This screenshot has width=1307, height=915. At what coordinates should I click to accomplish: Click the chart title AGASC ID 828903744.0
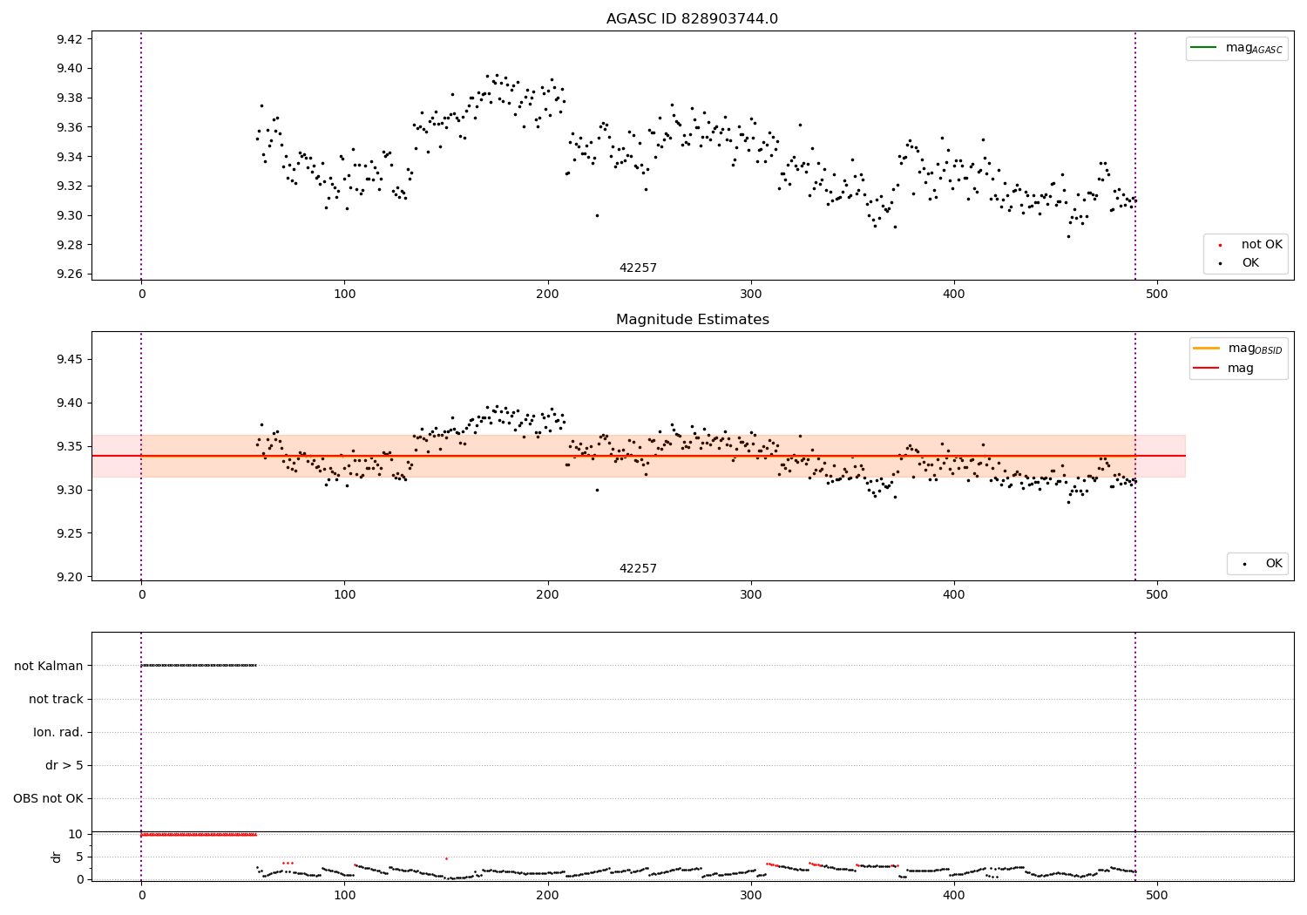692,19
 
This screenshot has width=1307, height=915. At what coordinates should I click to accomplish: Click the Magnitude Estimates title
692,320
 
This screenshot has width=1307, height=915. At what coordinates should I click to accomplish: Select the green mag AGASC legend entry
1236,48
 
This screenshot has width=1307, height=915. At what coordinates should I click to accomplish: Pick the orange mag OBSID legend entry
1238,349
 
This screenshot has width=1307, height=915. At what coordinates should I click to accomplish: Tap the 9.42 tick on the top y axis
69,39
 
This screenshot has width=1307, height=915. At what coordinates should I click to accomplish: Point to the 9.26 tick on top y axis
69,274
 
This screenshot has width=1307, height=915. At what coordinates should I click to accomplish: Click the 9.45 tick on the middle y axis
69,359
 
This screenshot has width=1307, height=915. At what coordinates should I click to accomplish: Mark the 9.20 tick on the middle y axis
69,577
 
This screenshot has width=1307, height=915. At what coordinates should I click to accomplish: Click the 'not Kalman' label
49,666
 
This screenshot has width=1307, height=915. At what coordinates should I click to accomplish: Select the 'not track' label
56,699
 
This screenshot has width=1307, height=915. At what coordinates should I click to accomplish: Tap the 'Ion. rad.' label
58,732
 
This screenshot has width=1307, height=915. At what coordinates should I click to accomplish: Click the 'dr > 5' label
64,766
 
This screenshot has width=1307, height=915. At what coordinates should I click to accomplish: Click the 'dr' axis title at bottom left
57,857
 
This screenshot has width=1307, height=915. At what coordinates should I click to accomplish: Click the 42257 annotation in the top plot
638,268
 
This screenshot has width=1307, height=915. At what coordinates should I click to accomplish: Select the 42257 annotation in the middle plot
638,569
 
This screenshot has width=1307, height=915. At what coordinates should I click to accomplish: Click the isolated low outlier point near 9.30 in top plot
597,215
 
